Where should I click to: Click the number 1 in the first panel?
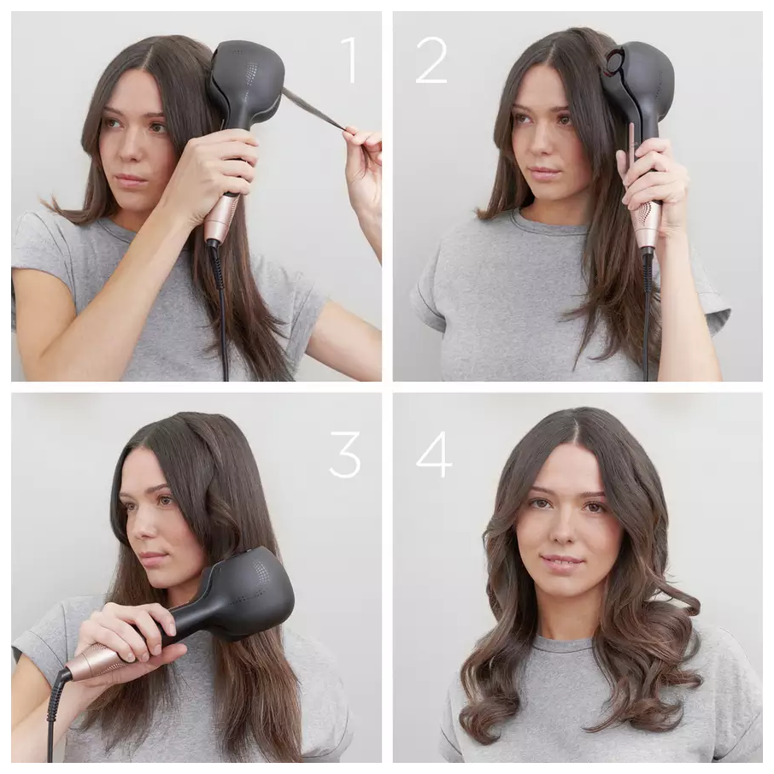349,60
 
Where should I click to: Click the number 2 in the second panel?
431,60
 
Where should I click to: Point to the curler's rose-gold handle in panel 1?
220,217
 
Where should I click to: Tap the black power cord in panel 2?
647,316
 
